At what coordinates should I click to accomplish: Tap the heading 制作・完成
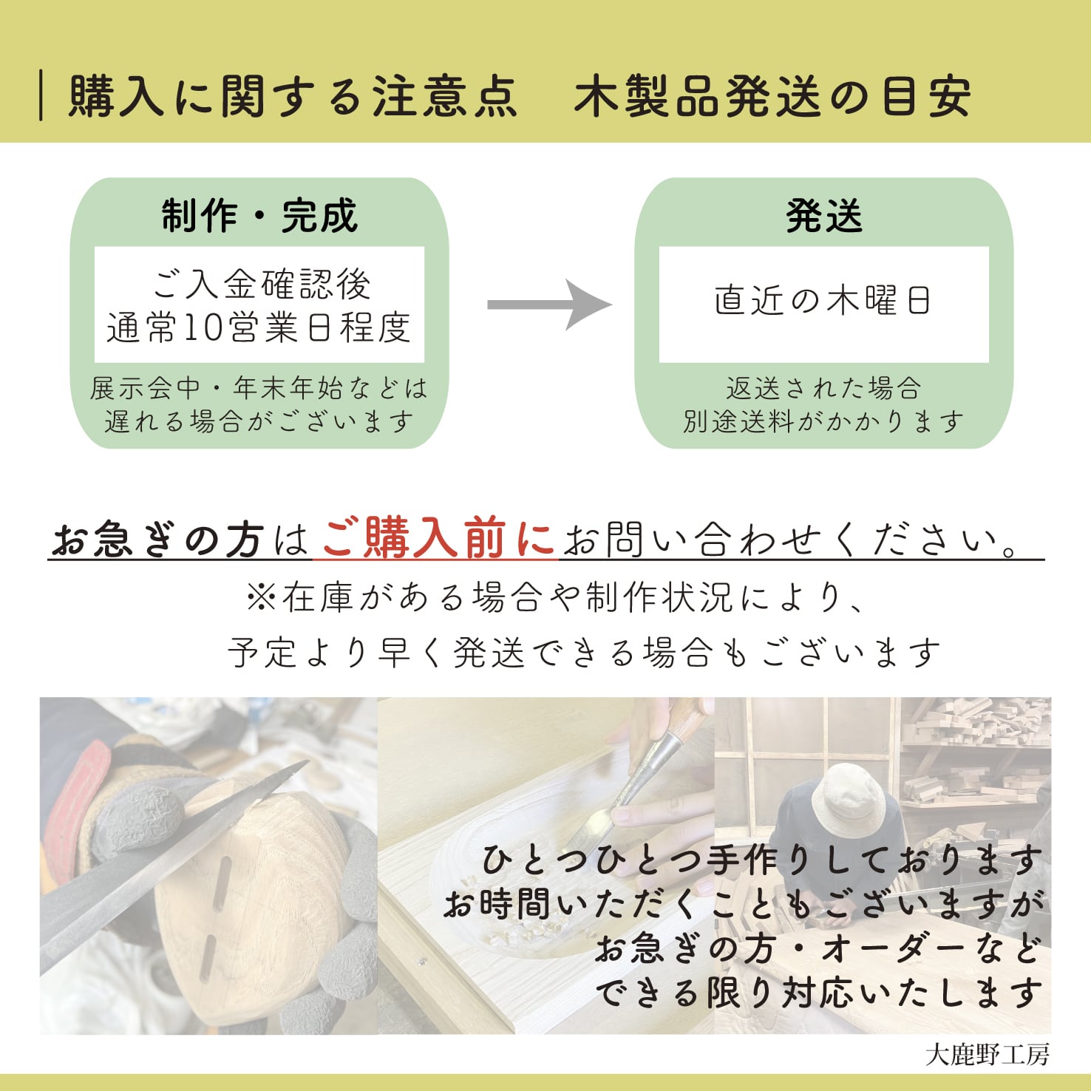tap(259, 216)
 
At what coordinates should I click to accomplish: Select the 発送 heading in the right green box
tap(823, 216)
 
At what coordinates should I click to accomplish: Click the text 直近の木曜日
tap(823, 301)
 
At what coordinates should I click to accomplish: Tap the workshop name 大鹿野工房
tap(987, 1054)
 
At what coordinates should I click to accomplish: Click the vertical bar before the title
tap(41, 95)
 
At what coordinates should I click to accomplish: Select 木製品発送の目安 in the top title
tap(772, 97)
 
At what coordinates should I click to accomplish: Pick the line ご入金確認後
tap(261, 284)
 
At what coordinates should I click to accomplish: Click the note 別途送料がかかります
tap(823, 421)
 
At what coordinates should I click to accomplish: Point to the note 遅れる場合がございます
tap(259, 421)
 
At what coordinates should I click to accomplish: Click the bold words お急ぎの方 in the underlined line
tap(157, 540)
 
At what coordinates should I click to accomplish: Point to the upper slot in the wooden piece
tap(222, 883)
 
